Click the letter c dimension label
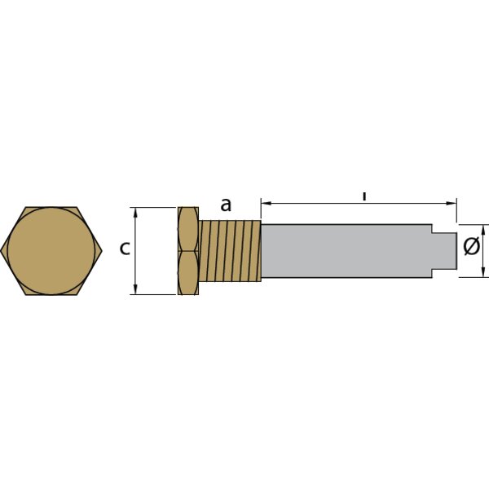coord(125,249)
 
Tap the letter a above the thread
coord(226,205)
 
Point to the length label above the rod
coord(364,196)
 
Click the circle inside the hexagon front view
coord(52,251)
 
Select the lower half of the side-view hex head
coord(187,273)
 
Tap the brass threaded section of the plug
coord(229,251)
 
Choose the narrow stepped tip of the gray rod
coord(444,251)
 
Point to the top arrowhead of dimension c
coord(136,211)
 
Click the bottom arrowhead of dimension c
coord(136,290)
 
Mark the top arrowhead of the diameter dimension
coord(485,228)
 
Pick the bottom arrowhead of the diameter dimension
coord(485,273)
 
